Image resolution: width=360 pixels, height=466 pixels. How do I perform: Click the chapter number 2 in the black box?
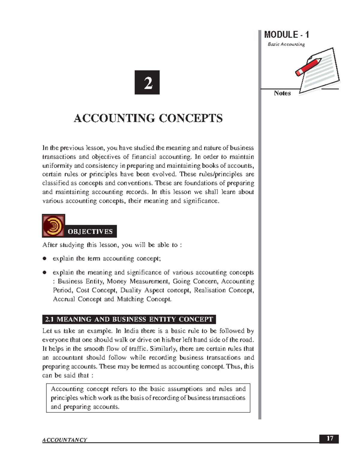147,83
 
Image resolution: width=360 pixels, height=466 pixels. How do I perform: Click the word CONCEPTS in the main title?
190,118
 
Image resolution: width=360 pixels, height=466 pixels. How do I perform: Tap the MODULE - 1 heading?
286,35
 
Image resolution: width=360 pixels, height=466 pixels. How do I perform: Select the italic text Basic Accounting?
286,44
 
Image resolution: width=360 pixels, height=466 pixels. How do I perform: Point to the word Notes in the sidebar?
282,93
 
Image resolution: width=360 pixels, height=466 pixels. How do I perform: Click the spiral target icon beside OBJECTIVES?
53,226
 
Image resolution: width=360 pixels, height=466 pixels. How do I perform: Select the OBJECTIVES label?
90,232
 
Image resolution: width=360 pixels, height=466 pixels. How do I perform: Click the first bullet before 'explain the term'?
44,259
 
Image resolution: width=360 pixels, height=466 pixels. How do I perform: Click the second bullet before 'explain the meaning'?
44,273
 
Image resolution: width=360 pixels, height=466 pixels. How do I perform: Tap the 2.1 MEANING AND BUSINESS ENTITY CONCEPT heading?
129,319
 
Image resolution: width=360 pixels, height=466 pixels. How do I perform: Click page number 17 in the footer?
330,439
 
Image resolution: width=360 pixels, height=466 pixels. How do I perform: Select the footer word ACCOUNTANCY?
64,440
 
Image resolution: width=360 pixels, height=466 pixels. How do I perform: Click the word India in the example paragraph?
131,331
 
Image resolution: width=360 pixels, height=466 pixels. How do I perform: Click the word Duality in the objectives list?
131,290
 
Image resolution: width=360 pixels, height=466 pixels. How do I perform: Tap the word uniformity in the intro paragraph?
57,166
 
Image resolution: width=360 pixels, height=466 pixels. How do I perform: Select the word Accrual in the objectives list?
64,299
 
